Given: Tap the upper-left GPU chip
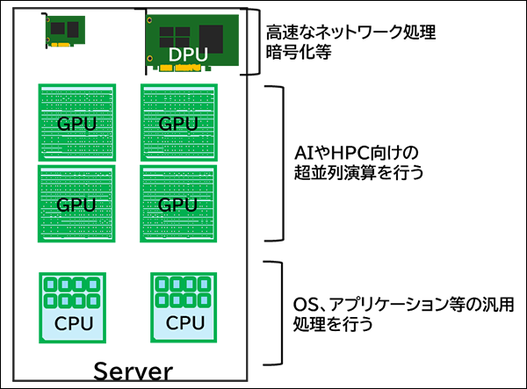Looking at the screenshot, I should pyautogui.click(x=76, y=122).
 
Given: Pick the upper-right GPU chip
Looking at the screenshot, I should pyautogui.click(x=178, y=122).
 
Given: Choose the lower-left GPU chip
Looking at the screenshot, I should pyautogui.click(x=76, y=204).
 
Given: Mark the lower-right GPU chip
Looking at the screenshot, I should pyautogui.click(x=178, y=204).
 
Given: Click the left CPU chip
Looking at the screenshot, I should pyautogui.click(x=72, y=307).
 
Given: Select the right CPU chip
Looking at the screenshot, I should pyautogui.click(x=184, y=307).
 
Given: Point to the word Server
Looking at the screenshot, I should pyautogui.click(x=133, y=371).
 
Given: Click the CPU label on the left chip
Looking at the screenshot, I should pyautogui.click(x=72, y=323).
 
